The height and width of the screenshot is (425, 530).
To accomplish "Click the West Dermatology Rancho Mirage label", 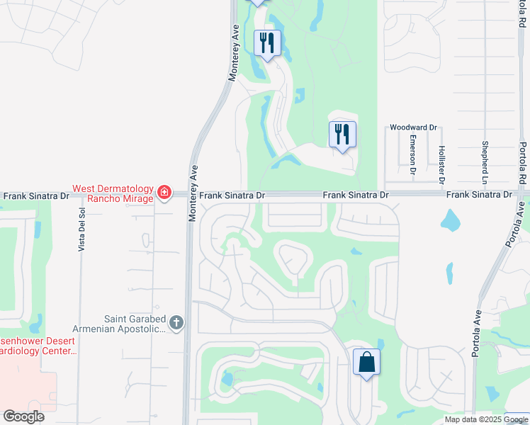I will point(113,193).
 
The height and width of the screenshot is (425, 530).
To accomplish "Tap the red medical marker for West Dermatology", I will point(164,192).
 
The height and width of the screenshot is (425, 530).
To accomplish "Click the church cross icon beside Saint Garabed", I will point(176,324).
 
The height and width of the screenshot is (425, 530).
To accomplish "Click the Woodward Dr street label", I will point(413,127).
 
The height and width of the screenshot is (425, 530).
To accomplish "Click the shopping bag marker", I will point(366,362).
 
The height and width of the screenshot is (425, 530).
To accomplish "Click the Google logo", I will point(23,416).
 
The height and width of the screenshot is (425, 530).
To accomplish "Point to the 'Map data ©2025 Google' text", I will point(485,419).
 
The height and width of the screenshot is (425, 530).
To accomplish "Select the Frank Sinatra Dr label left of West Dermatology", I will point(35,195).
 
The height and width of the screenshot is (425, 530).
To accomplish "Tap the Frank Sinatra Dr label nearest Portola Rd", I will point(479,194).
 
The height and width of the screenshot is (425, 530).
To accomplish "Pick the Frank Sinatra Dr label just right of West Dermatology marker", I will point(231,194).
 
